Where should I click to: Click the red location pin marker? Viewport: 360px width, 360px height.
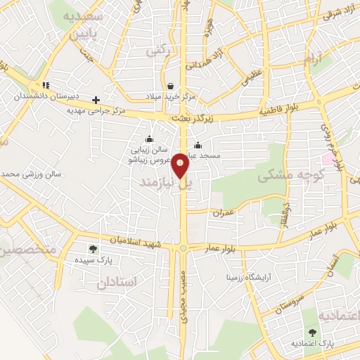[181, 165]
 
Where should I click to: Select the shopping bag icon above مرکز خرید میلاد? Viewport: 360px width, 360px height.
[170, 86]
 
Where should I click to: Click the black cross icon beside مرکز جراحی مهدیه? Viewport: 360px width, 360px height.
[96, 100]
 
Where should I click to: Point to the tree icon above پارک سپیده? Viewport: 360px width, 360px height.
[92, 249]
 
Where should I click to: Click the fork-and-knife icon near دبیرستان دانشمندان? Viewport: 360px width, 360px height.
[44, 86]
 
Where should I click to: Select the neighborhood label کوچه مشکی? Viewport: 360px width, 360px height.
[290, 174]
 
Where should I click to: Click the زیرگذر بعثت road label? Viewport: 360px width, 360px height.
[193, 119]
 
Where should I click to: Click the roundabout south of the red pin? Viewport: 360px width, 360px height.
[184, 247]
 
